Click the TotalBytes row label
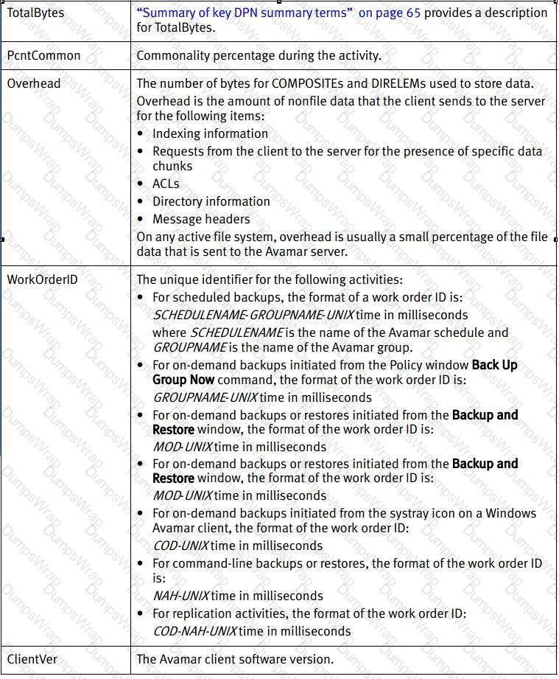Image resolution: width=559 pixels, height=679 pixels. pyautogui.click(x=35, y=13)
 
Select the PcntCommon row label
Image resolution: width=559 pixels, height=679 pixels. pyautogui.click(x=43, y=55)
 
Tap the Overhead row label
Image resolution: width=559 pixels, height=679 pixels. pyautogui.click(x=34, y=83)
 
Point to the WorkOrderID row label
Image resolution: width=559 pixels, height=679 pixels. pyautogui.click(x=42, y=279)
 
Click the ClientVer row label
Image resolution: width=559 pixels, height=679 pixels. pyautogui.click(x=32, y=659)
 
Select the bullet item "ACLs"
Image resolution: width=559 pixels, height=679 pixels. pyautogui.click(x=166, y=184)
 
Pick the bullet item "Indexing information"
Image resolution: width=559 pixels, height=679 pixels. pyautogui.click(x=210, y=133)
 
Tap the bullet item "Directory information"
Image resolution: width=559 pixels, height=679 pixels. pyautogui.click(x=211, y=201)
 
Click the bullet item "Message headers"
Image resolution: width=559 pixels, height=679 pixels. pyautogui.click(x=201, y=219)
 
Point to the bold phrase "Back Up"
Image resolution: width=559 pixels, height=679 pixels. pyautogui.click(x=495, y=365)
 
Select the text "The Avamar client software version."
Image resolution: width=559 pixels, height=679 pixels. pyautogui.click(x=235, y=659)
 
